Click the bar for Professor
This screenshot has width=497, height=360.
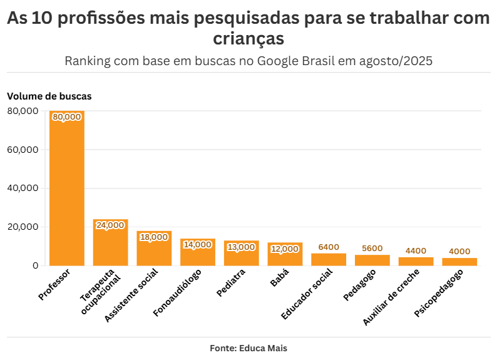(x=67, y=188)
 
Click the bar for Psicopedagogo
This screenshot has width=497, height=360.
(x=459, y=262)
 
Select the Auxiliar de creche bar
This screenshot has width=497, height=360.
(x=416, y=261)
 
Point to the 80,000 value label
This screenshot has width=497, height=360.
(x=67, y=117)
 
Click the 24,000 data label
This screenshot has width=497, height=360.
(x=110, y=225)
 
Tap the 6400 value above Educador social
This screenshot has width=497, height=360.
(x=329, y=247)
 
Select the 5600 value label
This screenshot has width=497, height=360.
(x=372, y=249)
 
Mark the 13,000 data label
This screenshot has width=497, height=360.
(x=241, y=247)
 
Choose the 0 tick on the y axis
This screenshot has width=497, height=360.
(x=35, y=265)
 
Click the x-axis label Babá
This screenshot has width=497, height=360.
(x=279, y=279)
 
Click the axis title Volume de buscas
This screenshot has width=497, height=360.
(x=49, y=96)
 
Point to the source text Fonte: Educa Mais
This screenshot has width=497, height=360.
(x=248, y=348)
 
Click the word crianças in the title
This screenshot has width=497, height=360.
(x=248, y=39)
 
